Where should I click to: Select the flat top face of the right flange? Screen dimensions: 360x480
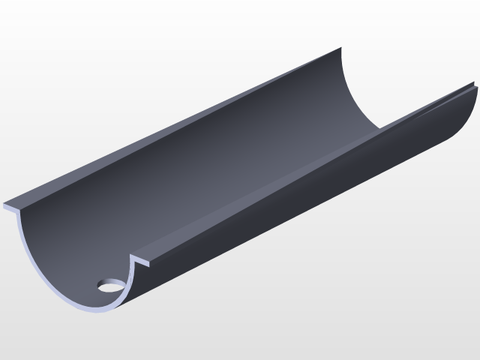300,180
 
